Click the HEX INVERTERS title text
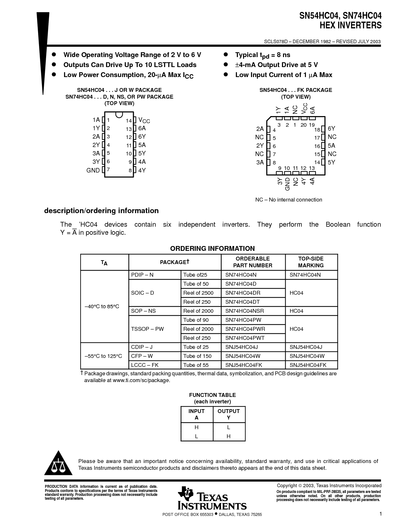pyautogui.click(x=350, y=25)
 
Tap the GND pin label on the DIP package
pyautogui.click(x=93, y=170)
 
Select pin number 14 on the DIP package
pyautogui.click(x=129, y=121)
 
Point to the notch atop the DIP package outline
pyautogui.click(x=119, y=114)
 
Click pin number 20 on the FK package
pyautogui.click(x=303, y=125)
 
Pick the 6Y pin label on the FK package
pyautogui.click(x=331, y=128)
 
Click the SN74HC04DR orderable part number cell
pyautogui.click(x=243, y=293)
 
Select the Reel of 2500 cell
pyautogui.click(x=198, y=293)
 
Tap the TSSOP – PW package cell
pyautogui.click(x=147, y=329)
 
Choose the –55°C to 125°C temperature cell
pyautogui.click(x=103, y=356)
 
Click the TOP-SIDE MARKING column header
pyautogui.click(x=311, y=262)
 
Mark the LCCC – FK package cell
pyautogui.click(x=145, y=365)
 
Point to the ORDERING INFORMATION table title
pyautogui.click(x=212, y=249)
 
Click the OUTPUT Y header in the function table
pyautogui.click(x=229, y=414)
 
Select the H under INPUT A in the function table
pyautogui.click(x=196, y=427)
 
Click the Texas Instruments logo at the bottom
pyautogui.click(x=212, y=498)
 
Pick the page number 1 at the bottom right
pyautogui.click(x=380, y=514)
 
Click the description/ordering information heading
pyautogui.click(x=101, y=211)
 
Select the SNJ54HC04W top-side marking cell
pyautogui.click(x=307, y=356)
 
